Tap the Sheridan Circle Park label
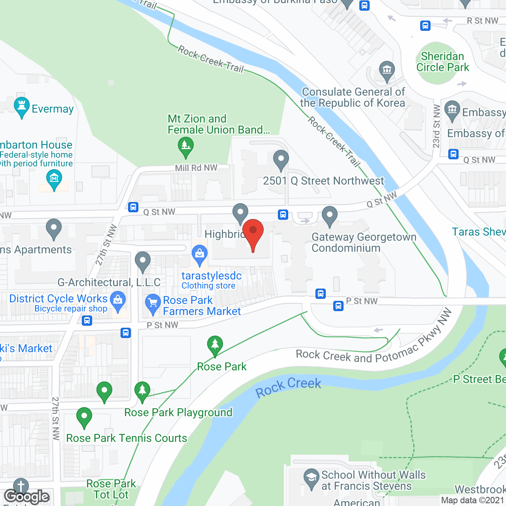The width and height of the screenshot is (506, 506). point(442,62)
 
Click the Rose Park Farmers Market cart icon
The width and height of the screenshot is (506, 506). point(153,304)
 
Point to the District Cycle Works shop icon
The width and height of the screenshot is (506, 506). point(118,300)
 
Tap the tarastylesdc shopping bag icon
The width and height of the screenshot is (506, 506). point(200,254)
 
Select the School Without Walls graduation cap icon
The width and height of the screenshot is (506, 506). point(312,478)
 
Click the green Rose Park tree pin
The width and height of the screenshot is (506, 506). point(215,345)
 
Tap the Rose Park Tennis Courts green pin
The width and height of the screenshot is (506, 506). point(84,417)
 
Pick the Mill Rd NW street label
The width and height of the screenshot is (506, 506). point(196,168)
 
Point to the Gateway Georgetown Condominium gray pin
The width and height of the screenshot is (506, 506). point(330,216)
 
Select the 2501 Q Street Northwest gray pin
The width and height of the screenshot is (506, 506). point(281,160)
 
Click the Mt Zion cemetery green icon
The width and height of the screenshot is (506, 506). point(185,146)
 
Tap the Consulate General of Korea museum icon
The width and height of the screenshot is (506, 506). point(387,70)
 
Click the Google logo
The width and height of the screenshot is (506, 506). point(27,497)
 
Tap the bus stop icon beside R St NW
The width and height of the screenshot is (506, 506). point(425,26)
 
